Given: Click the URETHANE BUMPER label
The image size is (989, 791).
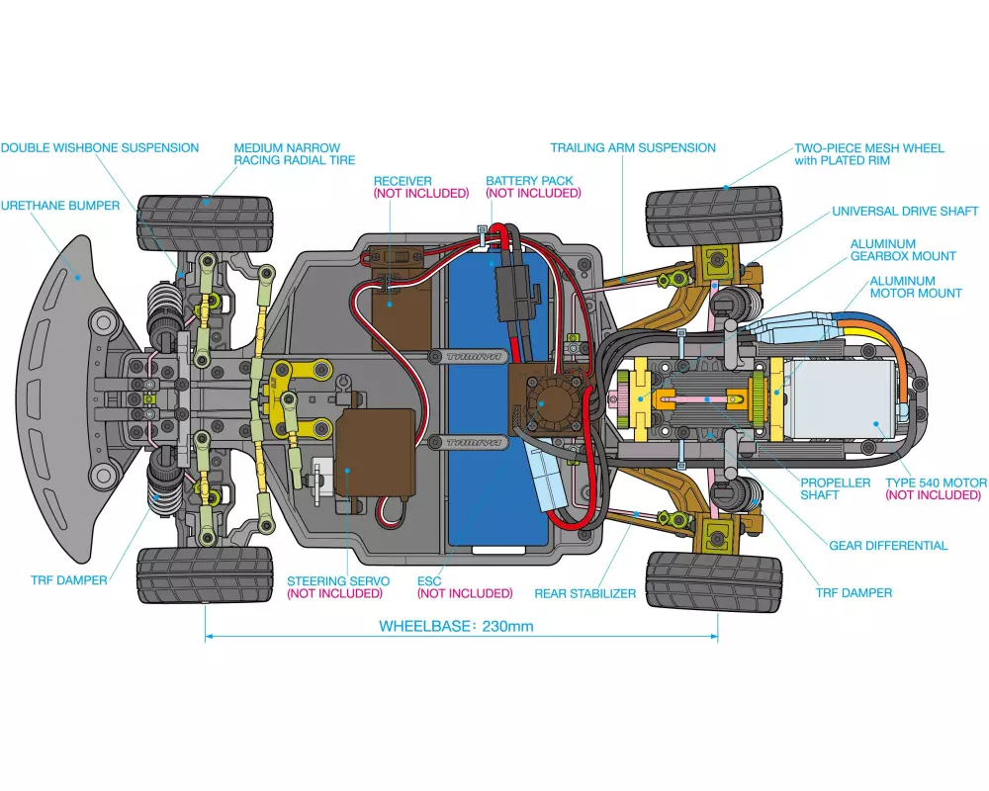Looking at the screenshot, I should point(59,206).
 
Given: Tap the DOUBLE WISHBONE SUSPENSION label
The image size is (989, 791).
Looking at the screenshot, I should point(100,147).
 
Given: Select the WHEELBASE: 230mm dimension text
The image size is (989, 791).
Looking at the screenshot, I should point(456,626).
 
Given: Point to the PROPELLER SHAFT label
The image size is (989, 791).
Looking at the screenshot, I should point(836,488).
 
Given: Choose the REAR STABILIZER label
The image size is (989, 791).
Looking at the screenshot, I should point(585,593).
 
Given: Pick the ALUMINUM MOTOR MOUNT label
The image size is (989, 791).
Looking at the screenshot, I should point(916,287).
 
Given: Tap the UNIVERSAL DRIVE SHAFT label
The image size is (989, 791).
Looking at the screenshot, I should point(905,211).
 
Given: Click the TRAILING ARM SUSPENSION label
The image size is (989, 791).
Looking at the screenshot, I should point(633,147).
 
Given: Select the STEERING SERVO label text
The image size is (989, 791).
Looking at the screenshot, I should point(338,580).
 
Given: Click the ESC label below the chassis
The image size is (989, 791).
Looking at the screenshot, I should point(429,580).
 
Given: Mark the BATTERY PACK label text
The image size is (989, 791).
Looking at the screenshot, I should point(532,181).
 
